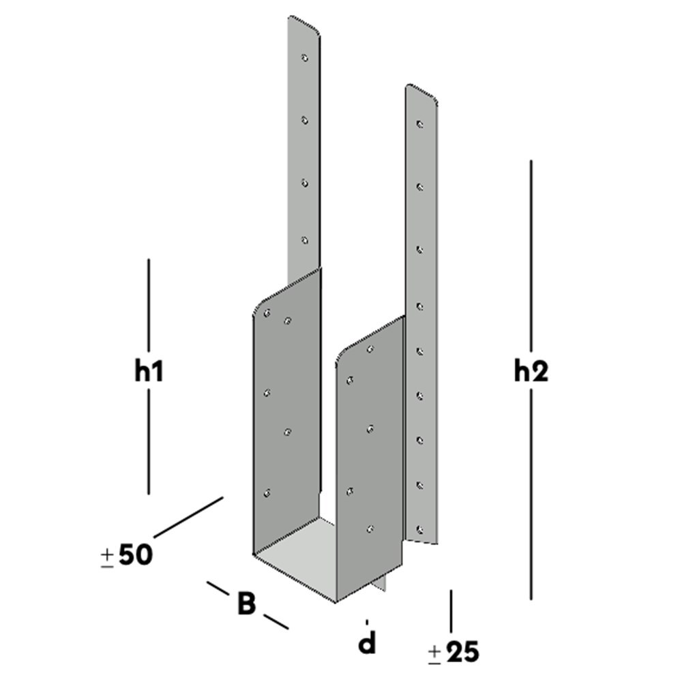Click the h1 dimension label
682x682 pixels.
[x=149, y=372]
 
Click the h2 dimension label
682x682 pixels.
[x=531, y=372]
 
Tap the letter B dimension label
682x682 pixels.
[x=247, y=604]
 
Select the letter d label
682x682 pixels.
[x=368, y=642]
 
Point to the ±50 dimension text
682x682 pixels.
[x=127, y=555]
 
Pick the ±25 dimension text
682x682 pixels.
[x=454, y=653]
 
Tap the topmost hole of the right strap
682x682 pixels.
[x=420, y=125]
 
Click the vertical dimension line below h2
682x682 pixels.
[x=531, y=491]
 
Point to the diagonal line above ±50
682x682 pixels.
[x=188, y=516]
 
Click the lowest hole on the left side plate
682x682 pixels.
[x=267, y=492]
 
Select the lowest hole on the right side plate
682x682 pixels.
[x=370, y=528]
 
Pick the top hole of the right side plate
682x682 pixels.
[x=370, y=349]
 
